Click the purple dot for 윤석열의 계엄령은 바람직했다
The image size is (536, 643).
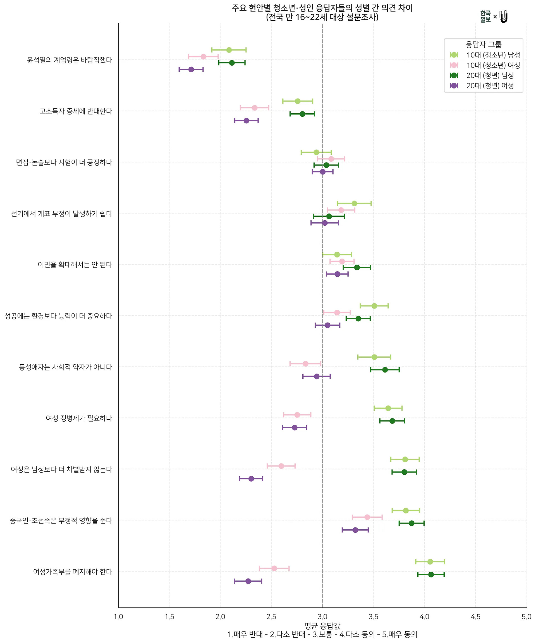[x=191, y=70]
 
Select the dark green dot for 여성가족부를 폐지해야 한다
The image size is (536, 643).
[x=431, y=574]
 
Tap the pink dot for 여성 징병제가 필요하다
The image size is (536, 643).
[x=297, y=415]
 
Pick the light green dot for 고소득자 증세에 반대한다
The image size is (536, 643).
[x=298, y=101]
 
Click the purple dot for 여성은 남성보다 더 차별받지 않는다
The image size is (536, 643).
[x=251, y=479]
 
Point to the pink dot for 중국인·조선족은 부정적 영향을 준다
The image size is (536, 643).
[x=367, y=517]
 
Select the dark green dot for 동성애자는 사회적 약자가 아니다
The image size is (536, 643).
[x=385, y=370]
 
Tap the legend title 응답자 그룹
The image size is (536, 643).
[x=483, y=45]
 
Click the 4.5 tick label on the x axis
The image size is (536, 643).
[x=475, y=617]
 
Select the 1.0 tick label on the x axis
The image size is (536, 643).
[x=118, y=617]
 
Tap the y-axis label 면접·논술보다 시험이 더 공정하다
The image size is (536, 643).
[x=64, y=162]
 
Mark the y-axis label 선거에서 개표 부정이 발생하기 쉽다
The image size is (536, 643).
[x=61, y=213]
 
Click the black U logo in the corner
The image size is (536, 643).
[x=504, y=17]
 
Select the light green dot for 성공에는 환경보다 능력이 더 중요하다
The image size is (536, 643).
[x=374, y=306]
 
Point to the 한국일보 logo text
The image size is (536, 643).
[x=485, y=16]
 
